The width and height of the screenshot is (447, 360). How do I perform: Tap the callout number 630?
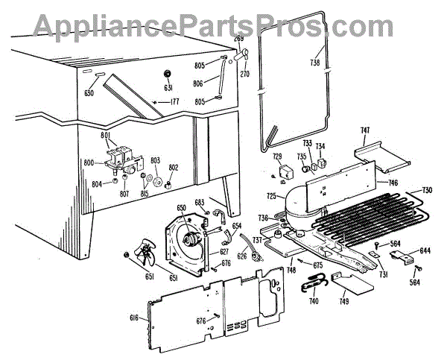click(90, 93)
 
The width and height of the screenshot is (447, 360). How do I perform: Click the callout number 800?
click(89, 162)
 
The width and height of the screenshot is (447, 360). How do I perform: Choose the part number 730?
click(427, 191)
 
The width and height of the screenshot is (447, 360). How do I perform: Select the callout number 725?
click(271, 197)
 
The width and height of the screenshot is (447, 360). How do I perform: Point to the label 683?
click(199, 202)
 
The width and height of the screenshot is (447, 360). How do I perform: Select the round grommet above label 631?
click(167, 74)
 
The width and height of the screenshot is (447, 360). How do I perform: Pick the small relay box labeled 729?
click(283, 173)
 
